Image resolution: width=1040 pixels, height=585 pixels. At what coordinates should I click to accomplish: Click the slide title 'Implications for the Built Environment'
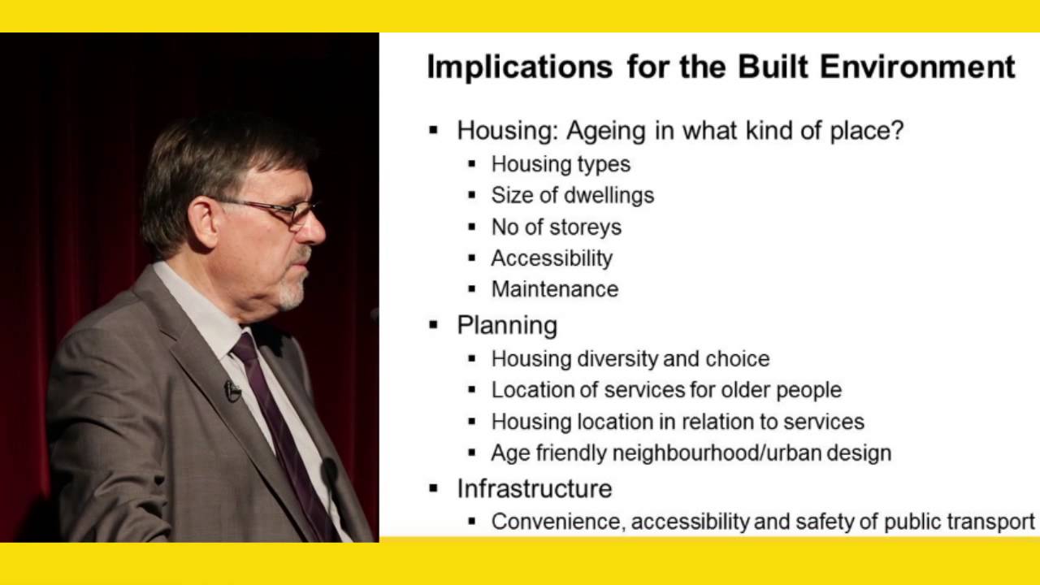tap(721, 67)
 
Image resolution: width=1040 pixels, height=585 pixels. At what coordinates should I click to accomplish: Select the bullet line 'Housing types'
tap(561, 164)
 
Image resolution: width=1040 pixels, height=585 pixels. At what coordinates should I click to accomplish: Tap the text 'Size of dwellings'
tap(572, 195)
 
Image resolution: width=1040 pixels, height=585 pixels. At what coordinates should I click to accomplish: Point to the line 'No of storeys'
tap(556, 227)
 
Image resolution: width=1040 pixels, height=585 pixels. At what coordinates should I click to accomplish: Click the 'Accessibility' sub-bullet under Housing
tap(552, 258)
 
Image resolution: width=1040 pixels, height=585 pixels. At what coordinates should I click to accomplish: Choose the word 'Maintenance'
tap(554, 289)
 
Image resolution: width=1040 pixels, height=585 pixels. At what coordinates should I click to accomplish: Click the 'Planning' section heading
tap(507, 325)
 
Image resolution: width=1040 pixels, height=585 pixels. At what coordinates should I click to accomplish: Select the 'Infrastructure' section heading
tap(534, 488)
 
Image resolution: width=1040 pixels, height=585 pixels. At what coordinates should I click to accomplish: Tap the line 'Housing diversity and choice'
tap(630, 358)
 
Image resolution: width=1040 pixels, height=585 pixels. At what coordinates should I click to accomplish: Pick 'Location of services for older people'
tap(666, 390)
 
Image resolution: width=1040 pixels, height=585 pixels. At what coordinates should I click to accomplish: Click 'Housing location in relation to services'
tap(678, 422)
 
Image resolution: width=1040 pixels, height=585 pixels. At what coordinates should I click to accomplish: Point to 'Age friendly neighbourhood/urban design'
tap(691, 453)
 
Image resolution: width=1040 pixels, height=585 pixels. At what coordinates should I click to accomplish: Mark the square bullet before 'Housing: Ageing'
tap(434, 130)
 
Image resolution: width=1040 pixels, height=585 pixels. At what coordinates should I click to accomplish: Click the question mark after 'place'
tap(897, 130)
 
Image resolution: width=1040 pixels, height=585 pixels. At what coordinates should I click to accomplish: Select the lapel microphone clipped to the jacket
tap(232, 391)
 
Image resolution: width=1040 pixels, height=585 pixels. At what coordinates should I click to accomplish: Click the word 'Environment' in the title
tap(917, 67)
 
